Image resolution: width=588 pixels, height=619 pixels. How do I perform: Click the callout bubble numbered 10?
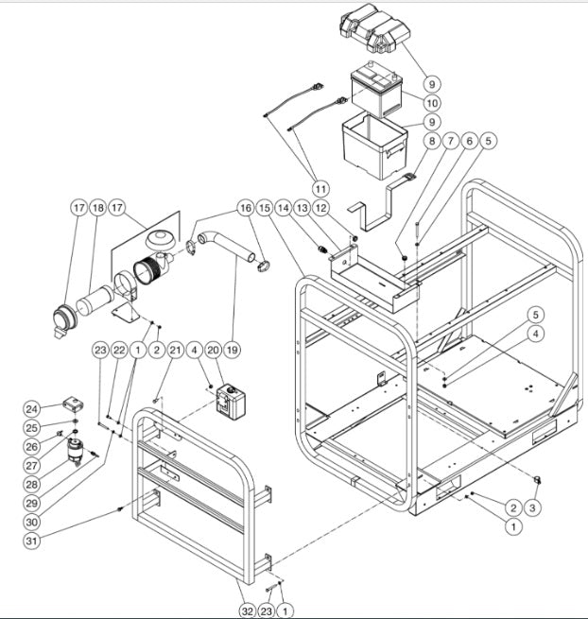coord(432,102)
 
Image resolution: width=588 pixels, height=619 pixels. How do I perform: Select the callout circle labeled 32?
coord(249,610)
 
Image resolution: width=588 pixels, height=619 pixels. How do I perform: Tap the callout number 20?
coord(214,350)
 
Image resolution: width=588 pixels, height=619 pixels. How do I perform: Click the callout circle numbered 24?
coord(31,409)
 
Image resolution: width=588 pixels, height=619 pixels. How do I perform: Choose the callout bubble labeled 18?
coord(99,207)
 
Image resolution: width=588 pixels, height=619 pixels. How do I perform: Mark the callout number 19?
coord(233,350)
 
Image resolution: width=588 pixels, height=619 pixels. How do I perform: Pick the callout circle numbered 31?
coord(31,541)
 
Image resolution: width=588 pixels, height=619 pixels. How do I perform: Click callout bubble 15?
coord(264,207)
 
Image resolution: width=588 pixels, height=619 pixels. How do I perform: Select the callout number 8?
coord(432,142)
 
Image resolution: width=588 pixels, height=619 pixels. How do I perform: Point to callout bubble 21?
coord(175,350)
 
